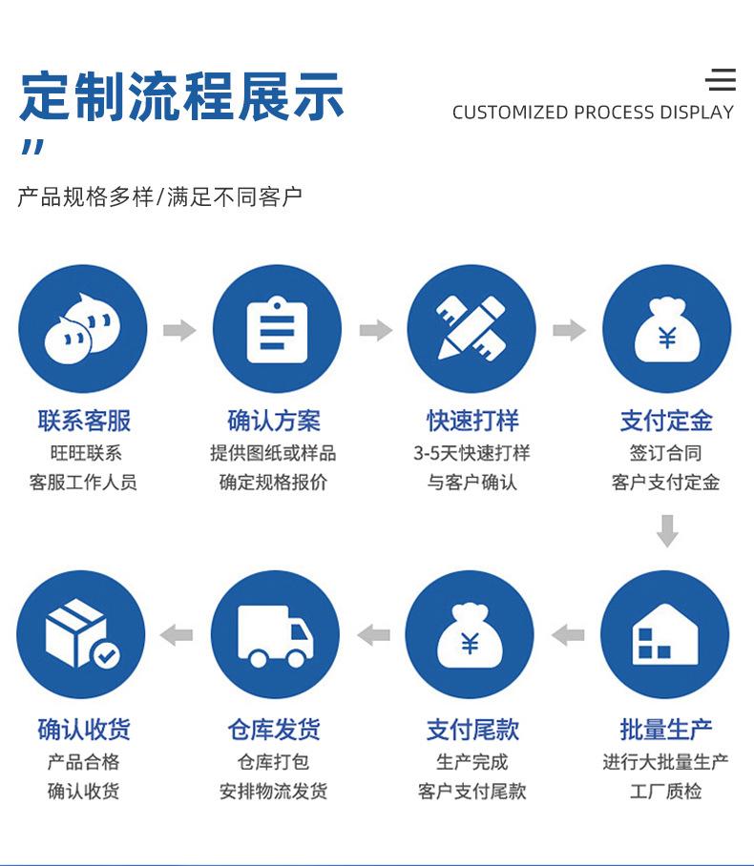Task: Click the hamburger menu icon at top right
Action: click(x=721, y=79)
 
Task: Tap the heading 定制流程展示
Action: click(x=182, y=96)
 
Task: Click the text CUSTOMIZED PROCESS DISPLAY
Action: click(x=593, y=113)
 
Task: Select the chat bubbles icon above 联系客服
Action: click(x=82, y=328)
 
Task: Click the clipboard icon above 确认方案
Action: click(x=277, y=330)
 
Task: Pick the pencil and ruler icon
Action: click(x=471, y=328)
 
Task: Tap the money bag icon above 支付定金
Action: click(x=666, y=330)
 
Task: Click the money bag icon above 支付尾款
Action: click(x=470, y=635)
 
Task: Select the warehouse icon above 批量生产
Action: click(x=665, y=634)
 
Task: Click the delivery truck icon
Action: click(x=275, y=636)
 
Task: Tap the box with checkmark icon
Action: click(x=82, y=634)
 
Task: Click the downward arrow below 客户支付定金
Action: click(x=667, y=530)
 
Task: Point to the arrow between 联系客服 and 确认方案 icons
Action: click(x=179, y=330)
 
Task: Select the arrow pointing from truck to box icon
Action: click(x=177, y=634)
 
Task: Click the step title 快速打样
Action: click(x=472, y=421)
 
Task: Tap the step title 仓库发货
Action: click(x=274, y=729)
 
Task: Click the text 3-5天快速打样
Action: click(x=471, y=453)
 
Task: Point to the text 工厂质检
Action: click(x=665, y=791)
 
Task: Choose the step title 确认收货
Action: click(x=84, y=729)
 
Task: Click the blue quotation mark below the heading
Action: click(x=33, y=147)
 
